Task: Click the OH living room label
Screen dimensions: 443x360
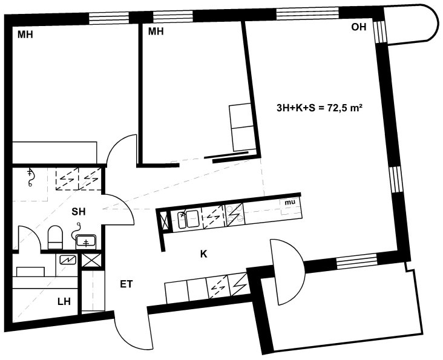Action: pyautogui.click(x=358, y=27)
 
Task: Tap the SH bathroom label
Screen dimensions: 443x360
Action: pyautogui.click(x=79, y=212)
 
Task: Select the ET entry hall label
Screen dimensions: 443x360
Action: pyautogui.click(x=126, y=284)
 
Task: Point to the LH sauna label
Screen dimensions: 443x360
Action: pyautogui.click(x=64, y=301)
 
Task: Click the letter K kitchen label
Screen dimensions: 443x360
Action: pyautogui.click(x=204, y=254)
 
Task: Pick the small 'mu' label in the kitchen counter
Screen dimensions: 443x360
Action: pyautogui.click(x=290, y=202)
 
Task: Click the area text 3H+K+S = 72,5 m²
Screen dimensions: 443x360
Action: pyautogui.click(x=320, y=108)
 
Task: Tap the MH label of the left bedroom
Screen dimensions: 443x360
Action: pyautogui.click(x=25, y=34)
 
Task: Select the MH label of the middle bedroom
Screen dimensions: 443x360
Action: pyautogui.click(x=156, y=31)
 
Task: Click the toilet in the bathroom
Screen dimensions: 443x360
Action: pyautogui.click(x=55, y=237)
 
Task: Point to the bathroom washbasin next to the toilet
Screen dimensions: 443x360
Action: pyautogui.click(x=87, y=242)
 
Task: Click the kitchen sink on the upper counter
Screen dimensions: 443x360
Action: pyautogui.click(x=189, y=219)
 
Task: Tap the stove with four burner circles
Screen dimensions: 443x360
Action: pyautogui.click(x=234, y=214)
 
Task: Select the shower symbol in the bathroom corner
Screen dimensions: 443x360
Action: pyautogui.click(x=30, y=177)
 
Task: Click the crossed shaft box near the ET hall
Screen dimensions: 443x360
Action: pyautogui.click(x=91, y=260)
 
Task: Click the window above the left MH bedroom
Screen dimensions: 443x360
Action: pyautogui.click(x=109, y=18)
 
